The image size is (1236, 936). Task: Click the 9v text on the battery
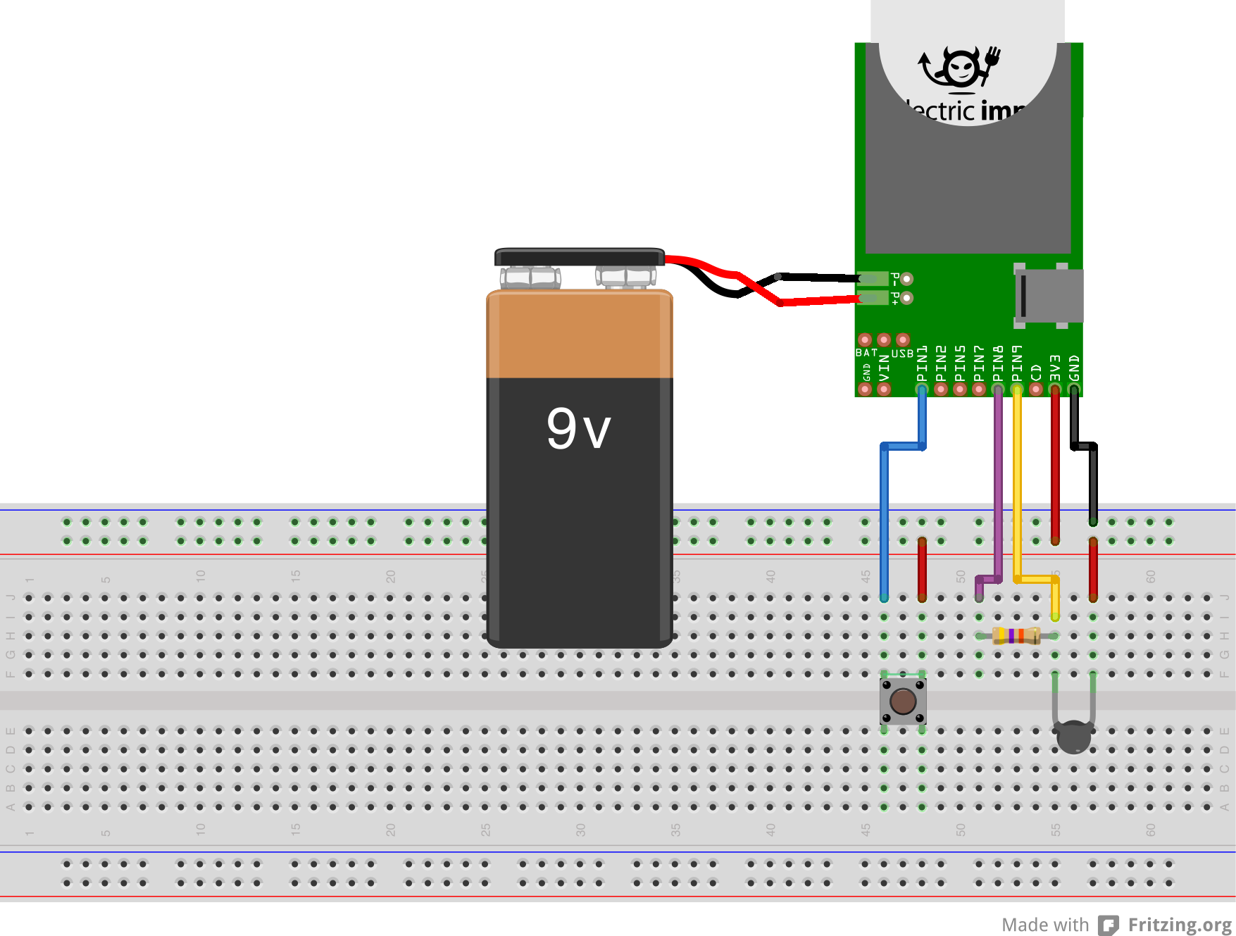tap(578, 428)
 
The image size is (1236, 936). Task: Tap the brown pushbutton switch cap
tap(903, 701)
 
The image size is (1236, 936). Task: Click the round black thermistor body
tap(1073, 737)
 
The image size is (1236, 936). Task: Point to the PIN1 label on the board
tap(922, 363)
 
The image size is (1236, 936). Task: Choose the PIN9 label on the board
tap(1017, 363)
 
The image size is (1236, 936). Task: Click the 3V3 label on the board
tap(1055, 368)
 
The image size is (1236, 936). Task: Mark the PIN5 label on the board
tap(960, 363)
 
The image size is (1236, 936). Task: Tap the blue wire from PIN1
tap(885, 521)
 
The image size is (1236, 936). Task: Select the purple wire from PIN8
tap(998, 486)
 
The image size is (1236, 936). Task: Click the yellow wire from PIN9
tap(1017, 486)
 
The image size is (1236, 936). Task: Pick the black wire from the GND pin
tap(1093, 486)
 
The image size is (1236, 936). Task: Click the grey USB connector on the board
tap(1049, 296)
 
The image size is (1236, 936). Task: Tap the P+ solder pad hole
tap(907, 298)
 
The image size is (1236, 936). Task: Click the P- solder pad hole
tap(907, 279)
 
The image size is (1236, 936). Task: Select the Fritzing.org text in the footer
tap(1180, 925)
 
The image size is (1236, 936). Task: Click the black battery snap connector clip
tap(579, 257)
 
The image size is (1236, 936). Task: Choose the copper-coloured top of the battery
tap(579, 335)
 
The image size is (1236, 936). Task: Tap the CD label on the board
tap(1036, 371)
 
